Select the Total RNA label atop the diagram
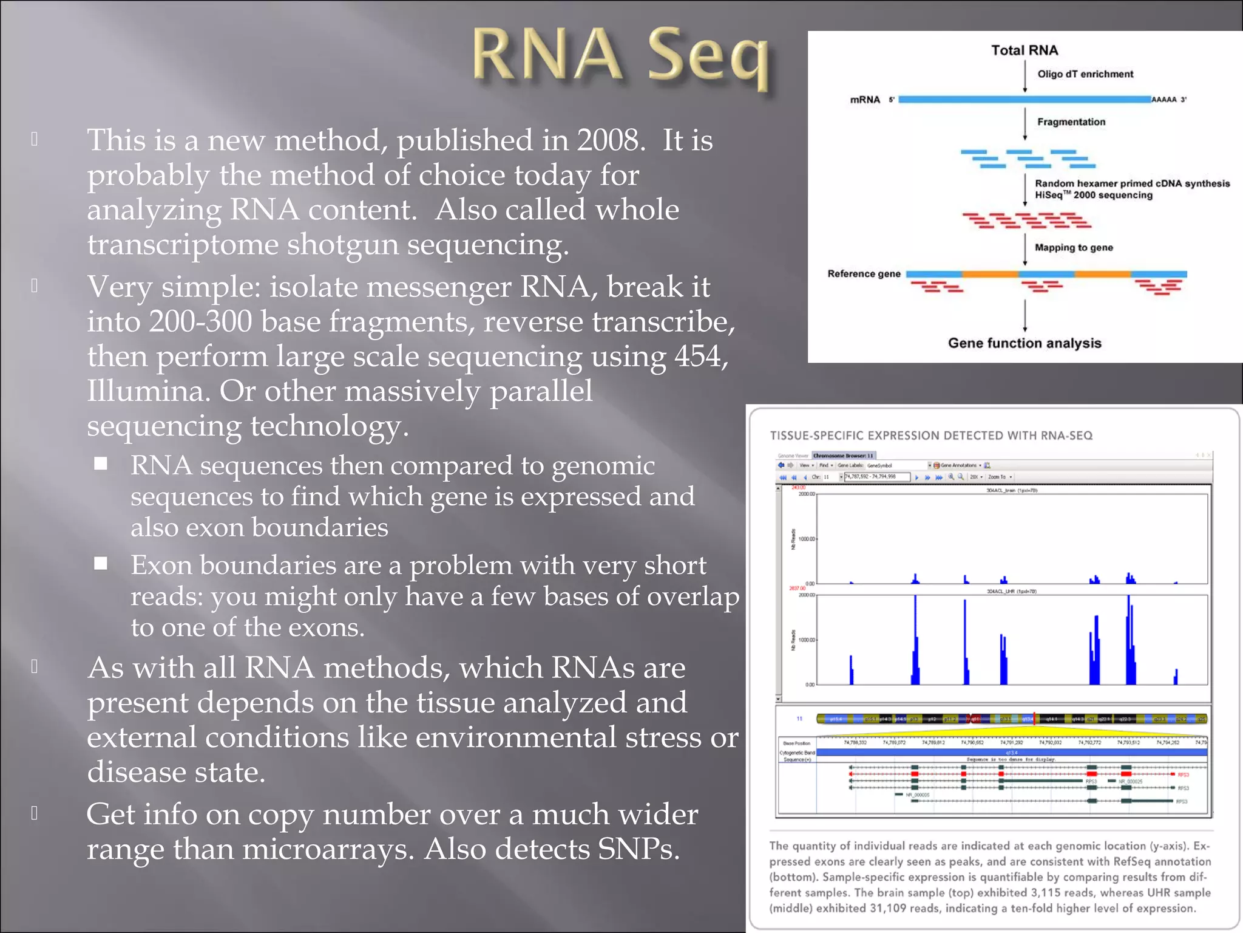point(1024,50)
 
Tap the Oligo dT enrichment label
point(1085,74)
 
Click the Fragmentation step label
point(1071,122)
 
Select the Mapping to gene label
point(1073,248)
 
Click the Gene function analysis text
point(1024,343)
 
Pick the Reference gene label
point(864,274)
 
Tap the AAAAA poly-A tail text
point(1163,100)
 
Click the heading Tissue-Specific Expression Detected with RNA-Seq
point(930,436)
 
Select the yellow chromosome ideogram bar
point(1011,719)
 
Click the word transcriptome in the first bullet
point(182,245)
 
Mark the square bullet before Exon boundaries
point(101,564)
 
